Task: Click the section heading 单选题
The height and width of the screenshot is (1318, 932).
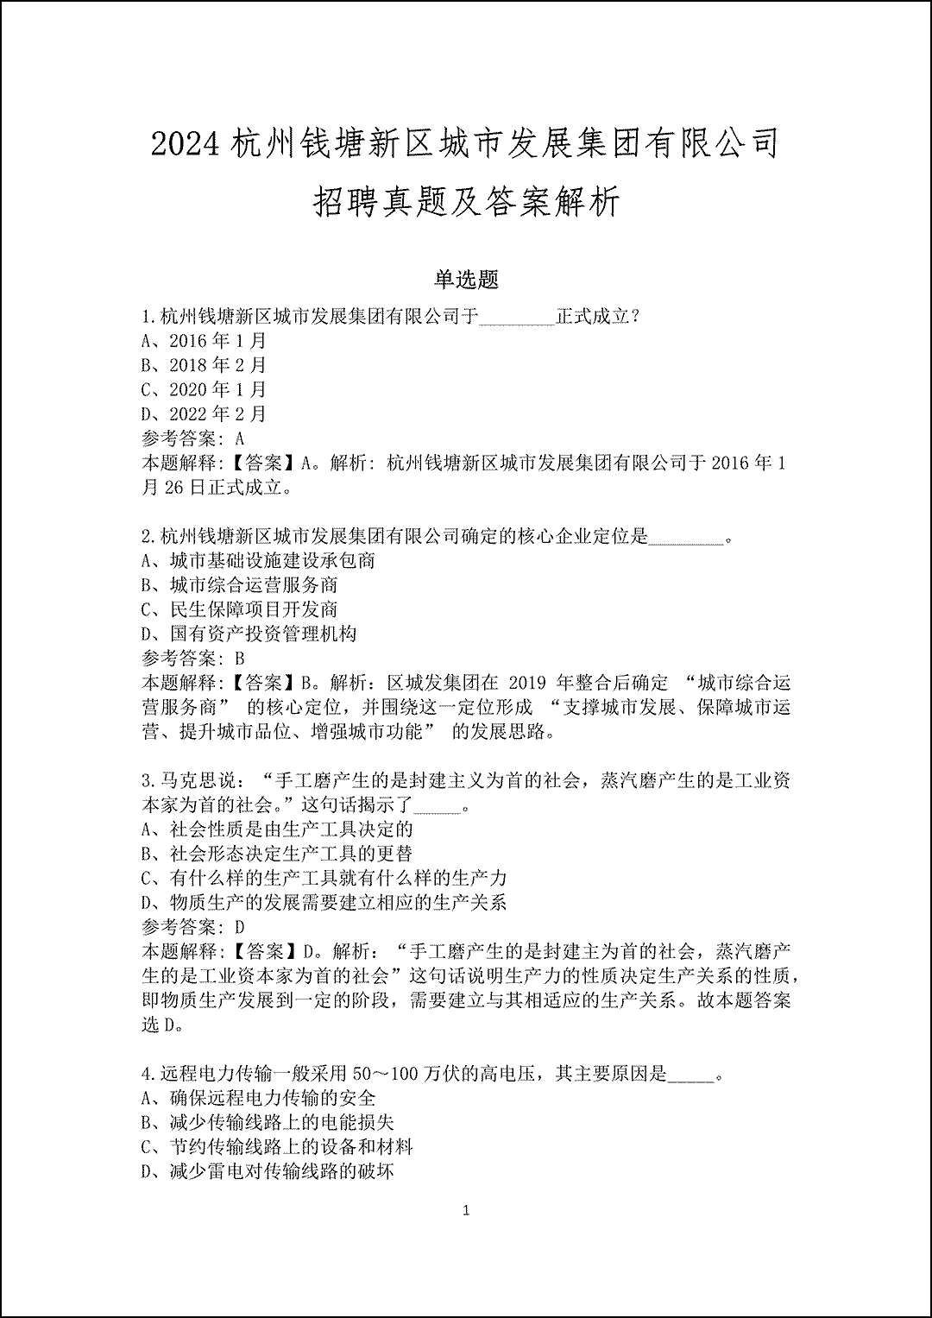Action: pos(466,280)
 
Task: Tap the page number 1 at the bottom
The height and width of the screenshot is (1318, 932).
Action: pos(466,1211)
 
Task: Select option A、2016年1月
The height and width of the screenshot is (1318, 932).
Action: pos(205,341)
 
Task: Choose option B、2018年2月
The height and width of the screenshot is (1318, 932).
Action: pos(205,365)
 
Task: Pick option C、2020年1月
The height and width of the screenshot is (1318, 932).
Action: pos(205,389)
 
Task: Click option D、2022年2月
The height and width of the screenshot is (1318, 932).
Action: pos(205,414)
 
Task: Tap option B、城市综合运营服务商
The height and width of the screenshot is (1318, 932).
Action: pos(240,585)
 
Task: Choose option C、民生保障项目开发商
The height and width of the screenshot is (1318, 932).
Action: pos(240,609)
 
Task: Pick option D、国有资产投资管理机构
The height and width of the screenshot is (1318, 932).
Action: pos(249,634)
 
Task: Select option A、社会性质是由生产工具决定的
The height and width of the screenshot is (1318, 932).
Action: pos(277,829)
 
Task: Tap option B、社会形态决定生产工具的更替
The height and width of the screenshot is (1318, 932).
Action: pos(277,854)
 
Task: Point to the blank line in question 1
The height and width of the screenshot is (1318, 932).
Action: pos(516,318)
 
